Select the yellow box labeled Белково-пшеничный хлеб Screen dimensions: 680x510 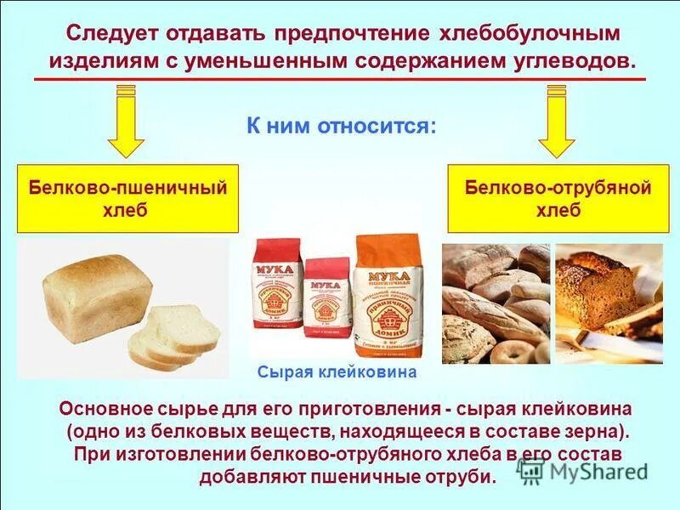tap(128, 200)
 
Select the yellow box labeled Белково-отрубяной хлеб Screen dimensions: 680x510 tap(557, 200)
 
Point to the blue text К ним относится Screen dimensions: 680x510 tap(342, 127)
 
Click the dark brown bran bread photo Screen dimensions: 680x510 tap(608, 302)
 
